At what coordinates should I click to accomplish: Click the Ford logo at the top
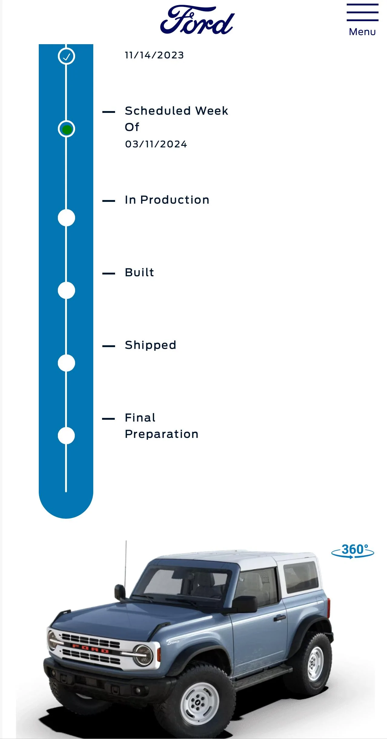pyautogui.click(x=197, y=20)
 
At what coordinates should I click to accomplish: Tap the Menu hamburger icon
pyautogui.click(x=362, y=12)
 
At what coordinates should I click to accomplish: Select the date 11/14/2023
pyautogui.click(x=154, y=55)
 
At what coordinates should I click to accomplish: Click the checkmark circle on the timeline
pyautogui.click(x=66, y=56)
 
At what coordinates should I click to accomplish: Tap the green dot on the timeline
pyautogui.click(x=67, y=129)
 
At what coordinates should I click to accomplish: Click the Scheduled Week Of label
pyautogui.click(x=177, y=119)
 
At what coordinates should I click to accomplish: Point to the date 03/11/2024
pyautogui.click(x=156, y=144)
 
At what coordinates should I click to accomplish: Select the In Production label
pyautogui.click(x=167, y=200)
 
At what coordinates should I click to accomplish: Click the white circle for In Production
pyautogui.click(x=66, y=218)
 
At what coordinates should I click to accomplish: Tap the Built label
pyautogui.click(x=139, y=272)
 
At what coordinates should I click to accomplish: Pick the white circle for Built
pyautogui.click(x=66, y=291)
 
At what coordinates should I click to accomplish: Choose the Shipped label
pyautogui.click(x=150, y=345)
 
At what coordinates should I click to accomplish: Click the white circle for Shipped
pyautogui.click(x=66, y=363)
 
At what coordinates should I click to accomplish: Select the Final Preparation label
pyautogui.click(x=162, y=426)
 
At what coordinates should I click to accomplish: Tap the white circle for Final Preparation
pyautogui.click(x=66, y=436)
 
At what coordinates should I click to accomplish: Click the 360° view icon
pyautogui.click(x=353, y=551)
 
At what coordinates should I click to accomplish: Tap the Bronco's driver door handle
pyautogui.click(x=280, y=618)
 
